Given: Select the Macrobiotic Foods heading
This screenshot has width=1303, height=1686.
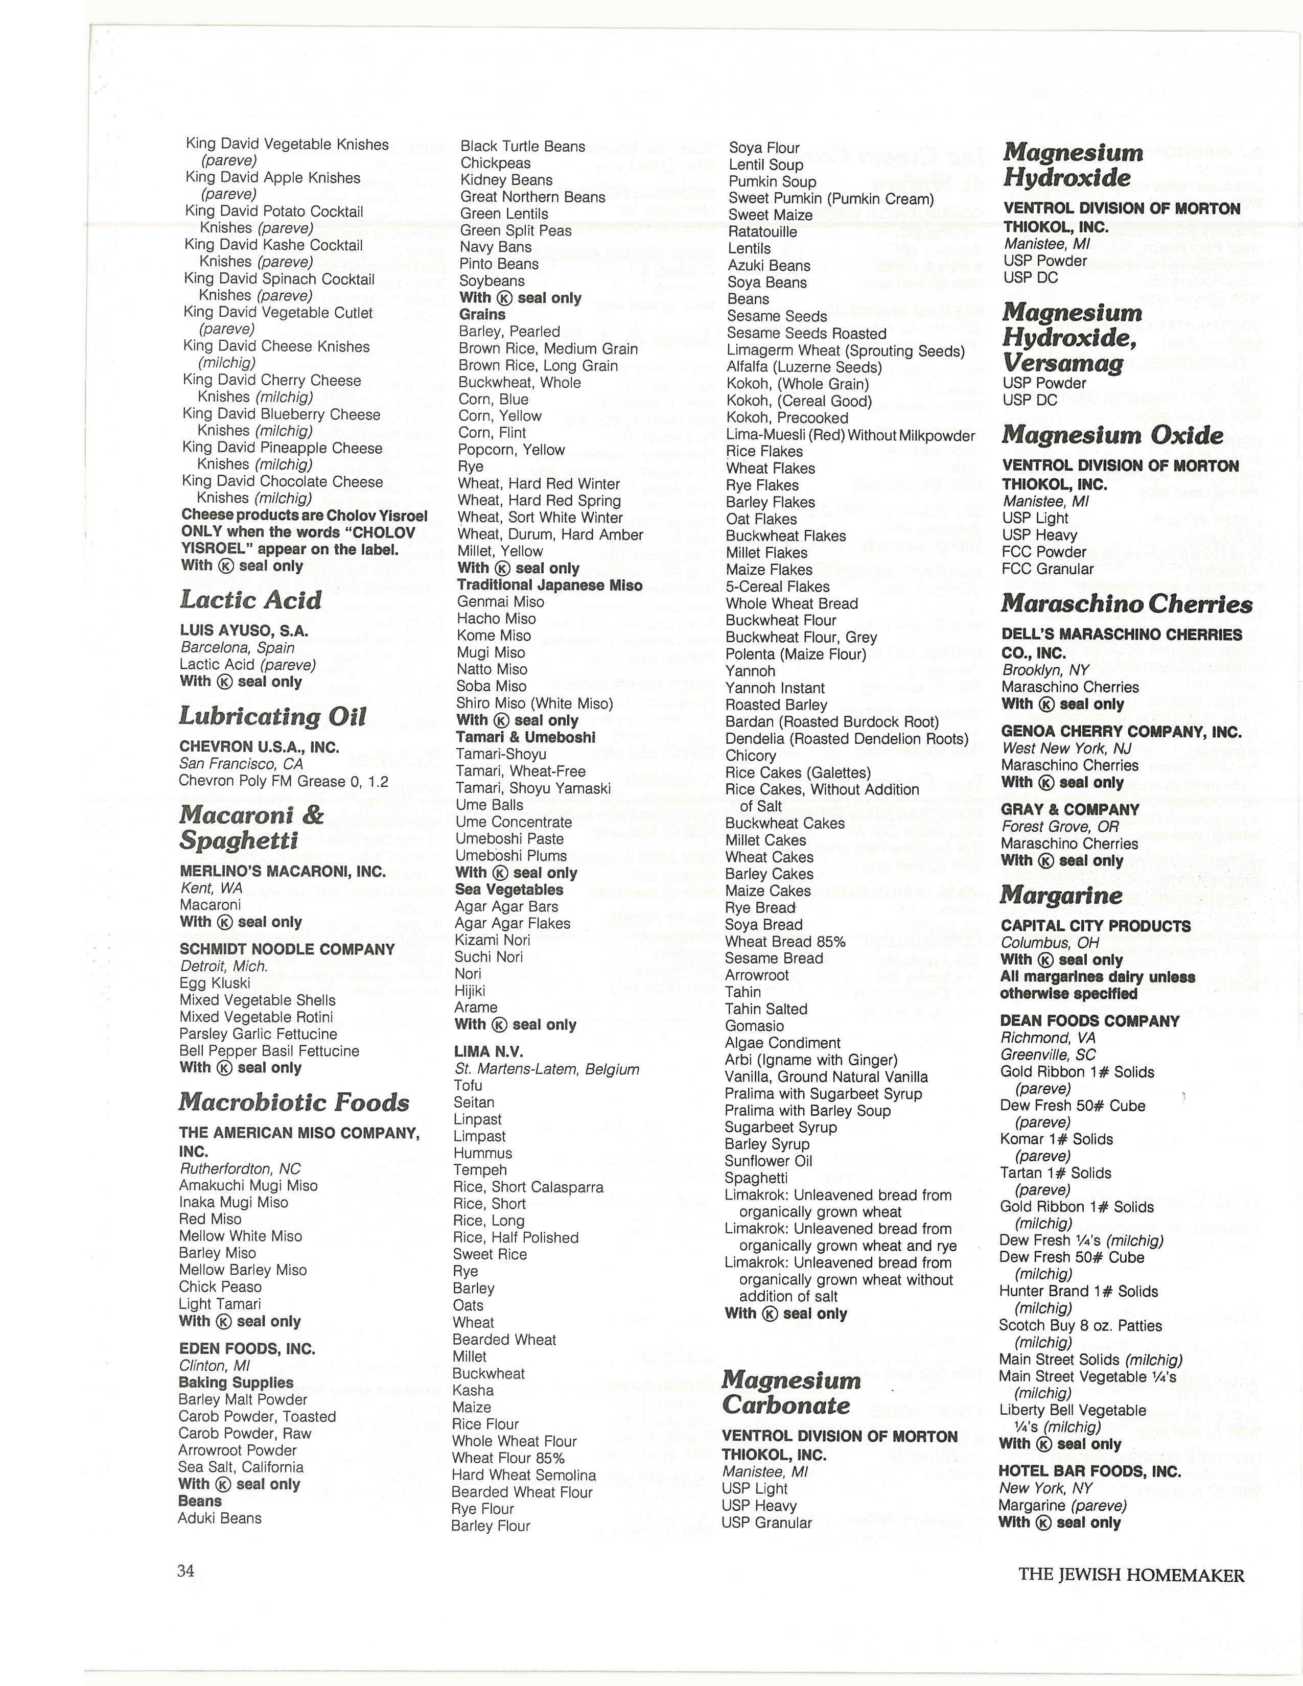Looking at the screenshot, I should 294,1103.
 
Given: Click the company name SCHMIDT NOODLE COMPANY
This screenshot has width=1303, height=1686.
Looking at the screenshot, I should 287,950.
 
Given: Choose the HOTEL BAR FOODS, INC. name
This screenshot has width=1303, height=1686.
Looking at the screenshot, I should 1089,1471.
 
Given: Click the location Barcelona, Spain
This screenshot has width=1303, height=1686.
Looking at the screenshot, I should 238,648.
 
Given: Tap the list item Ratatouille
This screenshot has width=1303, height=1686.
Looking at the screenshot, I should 763,231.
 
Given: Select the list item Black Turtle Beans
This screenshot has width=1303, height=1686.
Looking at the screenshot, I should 523,147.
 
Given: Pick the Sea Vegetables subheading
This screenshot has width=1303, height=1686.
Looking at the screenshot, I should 509,889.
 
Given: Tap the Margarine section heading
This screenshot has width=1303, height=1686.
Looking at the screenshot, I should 1061,896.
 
